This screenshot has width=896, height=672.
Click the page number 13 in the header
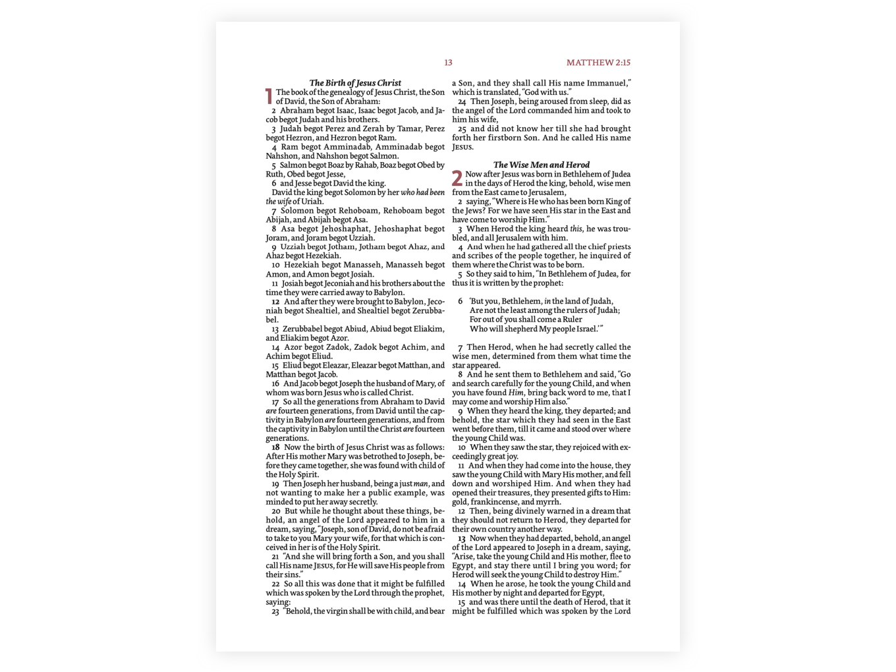click(x=448, y=63)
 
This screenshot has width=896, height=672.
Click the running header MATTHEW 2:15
click(x=598, y=63)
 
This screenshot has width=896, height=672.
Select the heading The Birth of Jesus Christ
click(x=355, y=83)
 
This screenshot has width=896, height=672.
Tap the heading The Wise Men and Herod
click(x=541, y=165)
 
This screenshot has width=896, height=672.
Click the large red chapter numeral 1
click(x=269, y=97)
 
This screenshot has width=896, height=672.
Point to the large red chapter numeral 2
click(x=457, y=179)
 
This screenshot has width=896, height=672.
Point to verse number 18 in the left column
click(x=275, y=447)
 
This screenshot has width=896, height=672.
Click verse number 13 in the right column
click(x=462, y=538)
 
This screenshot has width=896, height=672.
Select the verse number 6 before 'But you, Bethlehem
click(x=461, y=301)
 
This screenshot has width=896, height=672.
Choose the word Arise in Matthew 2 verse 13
click(x=464, y=557)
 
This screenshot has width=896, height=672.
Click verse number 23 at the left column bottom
click(x=275, y=611)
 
